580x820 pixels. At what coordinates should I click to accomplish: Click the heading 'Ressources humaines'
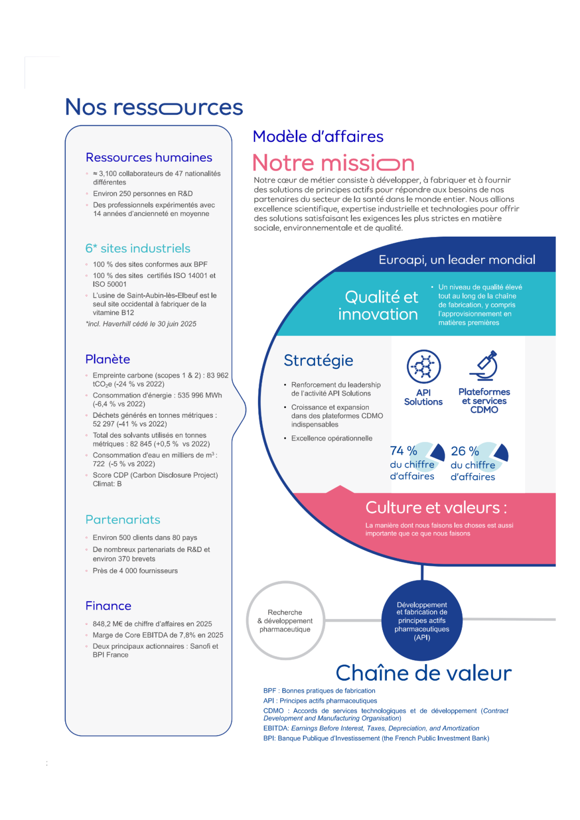pyautogui.click(x=149, y=157)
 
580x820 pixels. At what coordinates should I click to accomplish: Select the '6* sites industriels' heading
pyautogui.click(x=138, y=248)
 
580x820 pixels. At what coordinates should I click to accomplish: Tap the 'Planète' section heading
pyautogui.click(x=108, y=359)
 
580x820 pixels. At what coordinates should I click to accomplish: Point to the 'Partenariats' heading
pyautogui.click(x=123, y=520)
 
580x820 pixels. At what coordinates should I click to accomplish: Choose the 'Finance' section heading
pyautogui.click(x=108, y=606)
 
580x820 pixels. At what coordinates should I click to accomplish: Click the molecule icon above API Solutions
pyautogui.click(x=424, y=366)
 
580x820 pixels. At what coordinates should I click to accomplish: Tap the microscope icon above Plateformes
pyautogui.click(x=484, y=366)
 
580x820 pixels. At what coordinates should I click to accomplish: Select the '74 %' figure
pyautogui.click(x=403, y=451)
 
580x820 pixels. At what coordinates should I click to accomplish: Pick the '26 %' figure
pyautogui.click(x=465, y=451)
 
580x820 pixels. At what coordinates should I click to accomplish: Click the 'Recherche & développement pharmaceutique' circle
pyautogui.click(x=285, y=621)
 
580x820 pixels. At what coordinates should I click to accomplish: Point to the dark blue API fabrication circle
pyautogui.click(x=422, y=621)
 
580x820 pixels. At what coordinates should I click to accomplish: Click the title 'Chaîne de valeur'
pyautogui.click(x=424, y=673)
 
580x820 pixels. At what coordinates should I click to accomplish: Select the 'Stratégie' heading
pyautogui.click(x=318, y=360)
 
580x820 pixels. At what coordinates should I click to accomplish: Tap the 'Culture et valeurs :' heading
pyautogui.click(x=436, y=507)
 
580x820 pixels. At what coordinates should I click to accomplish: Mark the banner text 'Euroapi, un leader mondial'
pyautogui.click(x=457, y=260)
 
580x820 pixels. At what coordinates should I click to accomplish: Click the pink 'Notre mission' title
pyautogui.click(x=334, y=163)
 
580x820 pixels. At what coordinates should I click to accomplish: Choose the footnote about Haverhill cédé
pyautogui.click(x=141, y=324)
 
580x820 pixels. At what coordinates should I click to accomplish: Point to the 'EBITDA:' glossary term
pyautogui.click(x=276, y=728)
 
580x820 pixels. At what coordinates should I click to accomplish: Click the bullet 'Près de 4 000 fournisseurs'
pyautogui.click(x=135, y=571)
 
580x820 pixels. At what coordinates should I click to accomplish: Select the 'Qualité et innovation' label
pyautogui.click(x=378, y=305)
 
